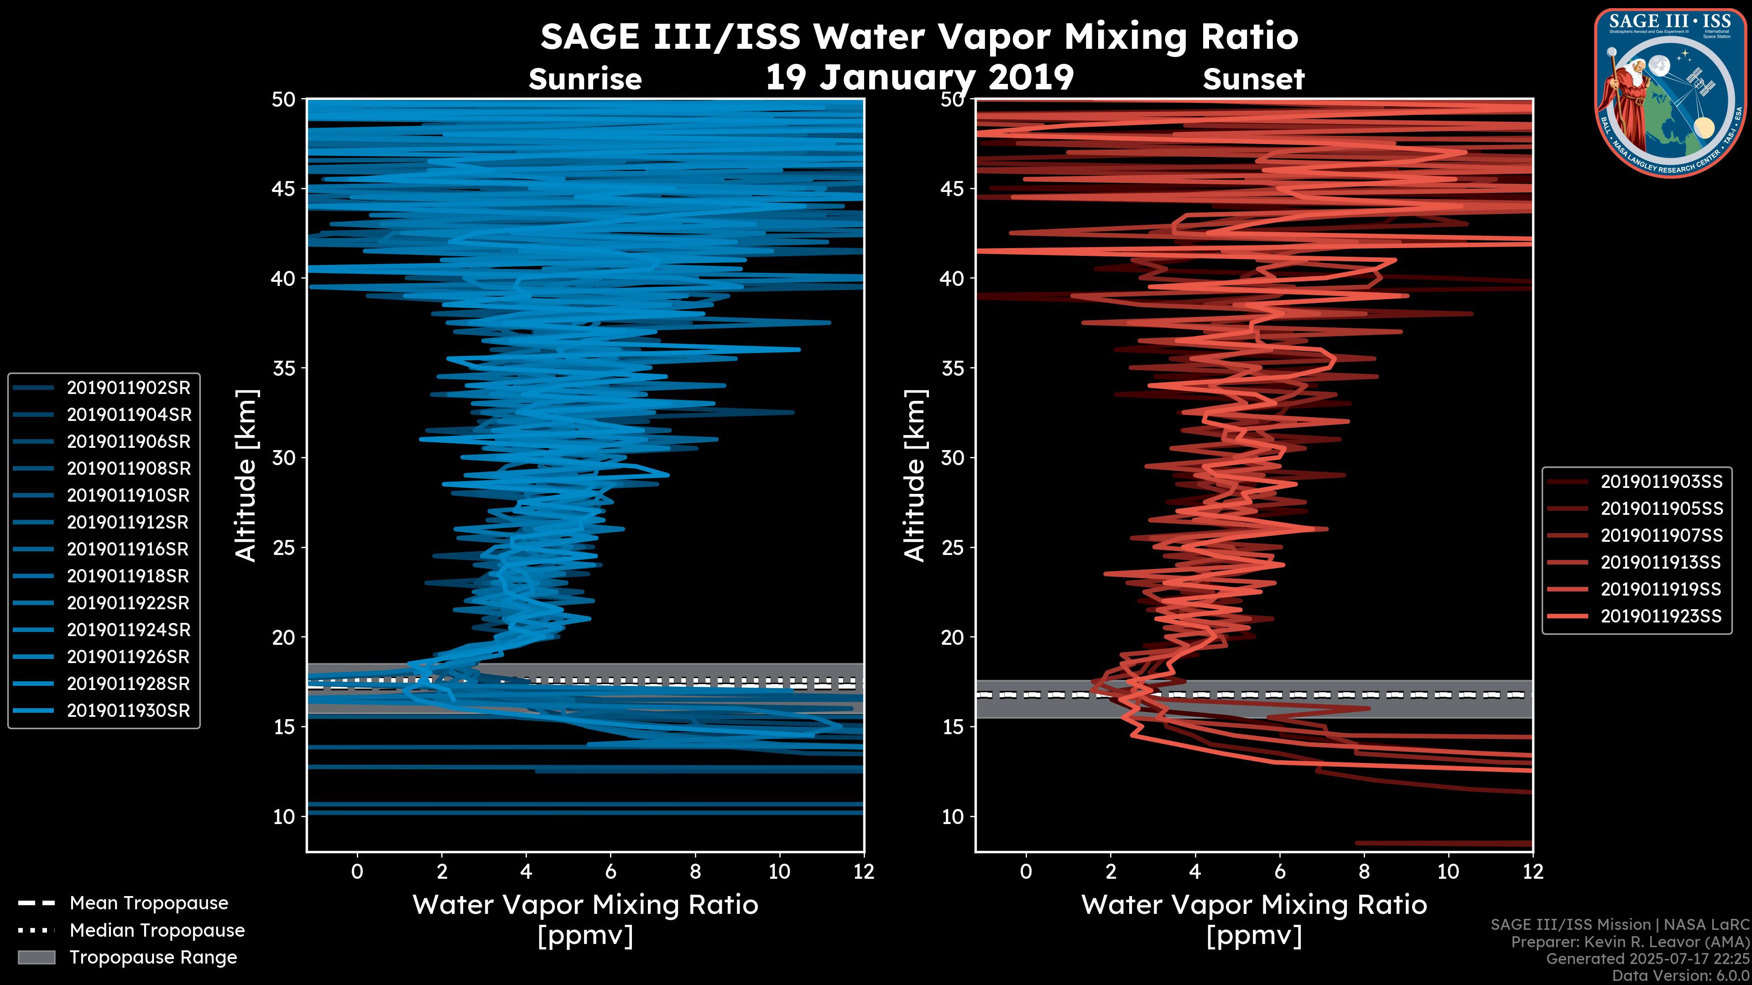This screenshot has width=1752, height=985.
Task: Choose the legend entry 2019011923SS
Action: click(x=1661, y=617)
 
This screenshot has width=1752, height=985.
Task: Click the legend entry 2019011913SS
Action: click(x=1661, y=563)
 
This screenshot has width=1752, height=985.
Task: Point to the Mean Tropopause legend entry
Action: click(x=148, y=903)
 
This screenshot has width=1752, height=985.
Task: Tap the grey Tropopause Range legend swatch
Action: click(x=36, y=958)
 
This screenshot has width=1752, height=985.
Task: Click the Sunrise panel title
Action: click(x=585, y=79)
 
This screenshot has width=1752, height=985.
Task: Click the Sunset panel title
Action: click(x=1253, y=79)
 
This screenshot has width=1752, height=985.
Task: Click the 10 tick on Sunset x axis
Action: click(x=1448, y=871)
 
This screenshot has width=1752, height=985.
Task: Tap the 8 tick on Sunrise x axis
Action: click(x=695, y=871)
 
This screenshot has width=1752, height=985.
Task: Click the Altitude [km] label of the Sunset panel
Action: click(x=915, y=476)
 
